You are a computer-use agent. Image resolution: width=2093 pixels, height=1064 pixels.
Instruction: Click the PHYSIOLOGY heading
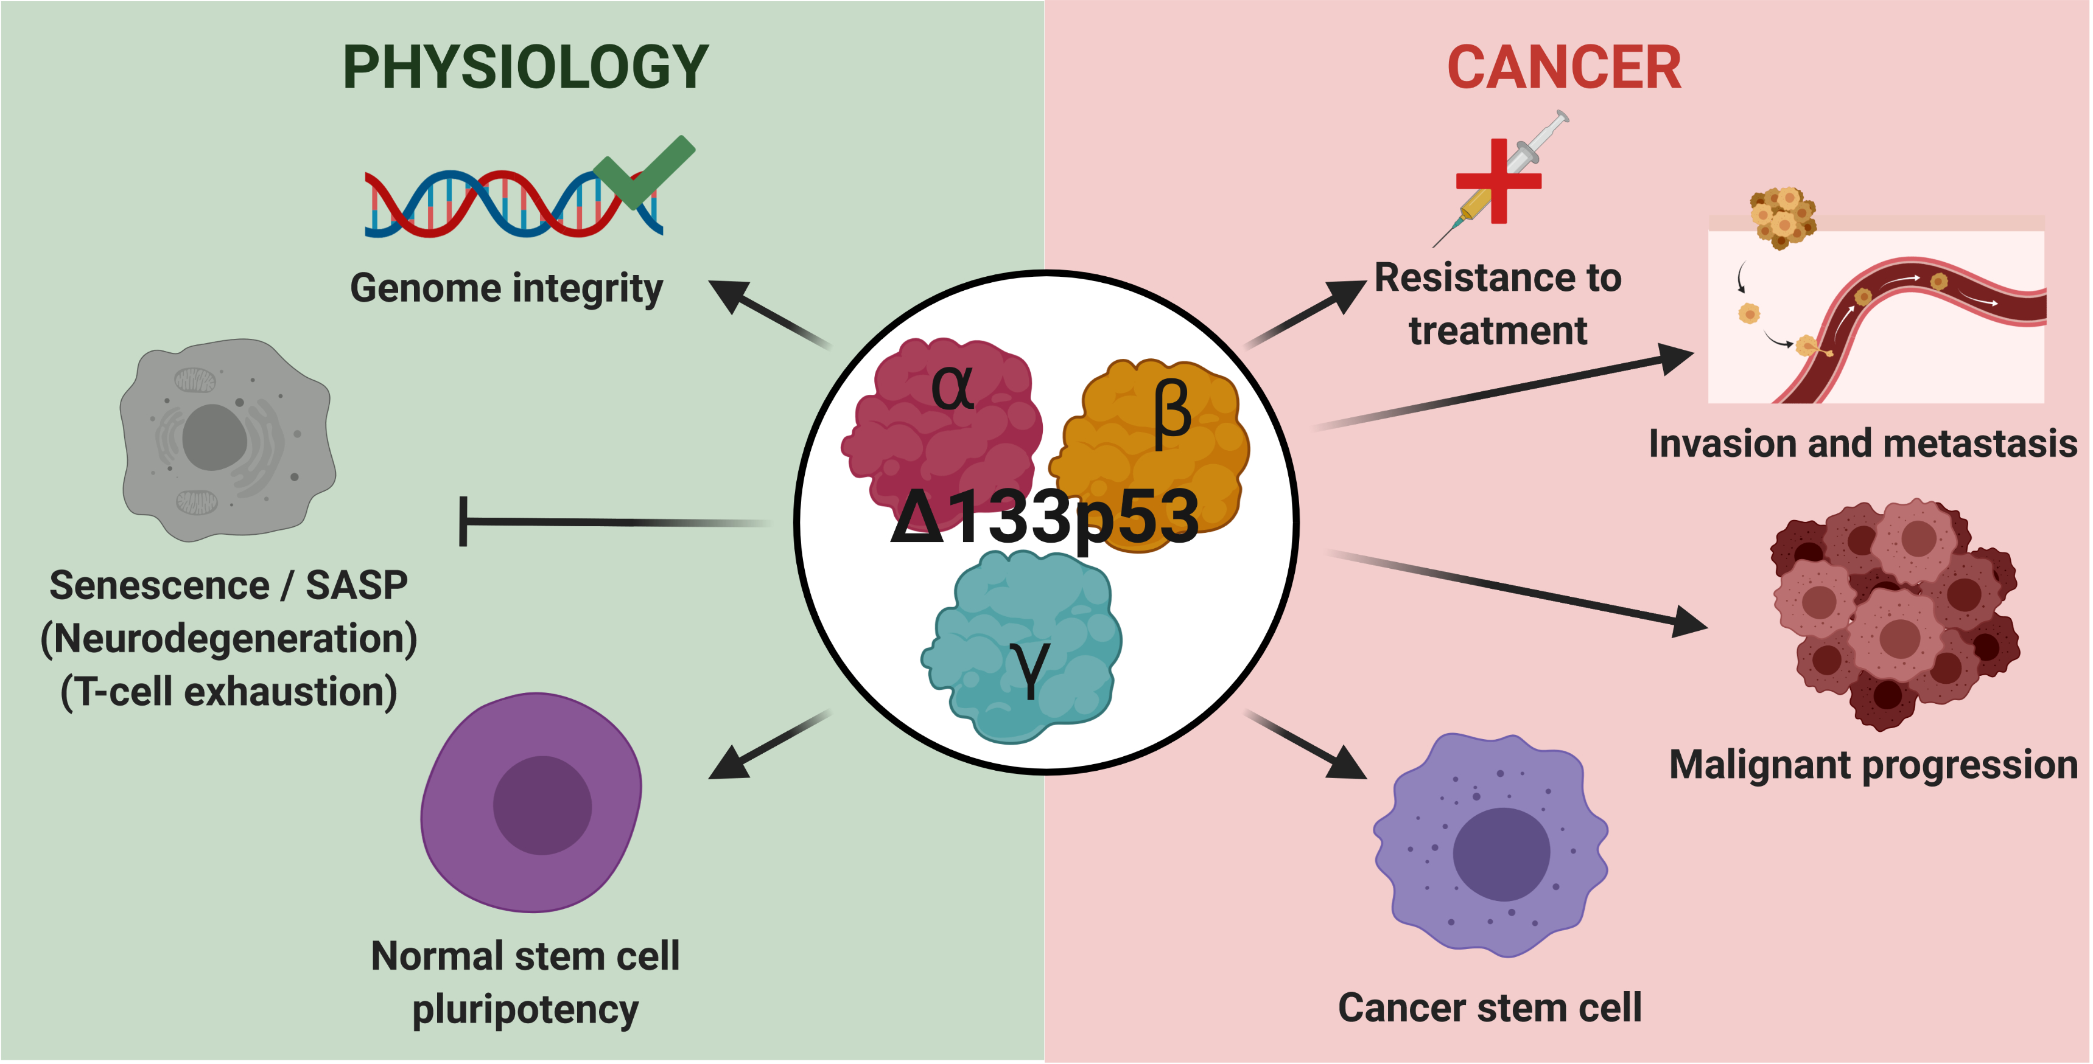point(526,68)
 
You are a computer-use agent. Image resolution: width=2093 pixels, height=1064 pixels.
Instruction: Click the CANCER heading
point(1563,68)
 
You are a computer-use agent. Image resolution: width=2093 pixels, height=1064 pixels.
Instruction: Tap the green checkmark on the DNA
point(644,172)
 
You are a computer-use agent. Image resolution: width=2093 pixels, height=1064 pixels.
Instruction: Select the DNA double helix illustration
point(503,204)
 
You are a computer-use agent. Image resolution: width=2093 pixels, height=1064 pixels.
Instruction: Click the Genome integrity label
point(506,288)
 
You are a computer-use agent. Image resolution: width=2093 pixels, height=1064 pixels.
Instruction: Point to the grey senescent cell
point(228,439)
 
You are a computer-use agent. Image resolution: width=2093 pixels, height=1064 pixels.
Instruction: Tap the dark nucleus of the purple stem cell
point(542,805)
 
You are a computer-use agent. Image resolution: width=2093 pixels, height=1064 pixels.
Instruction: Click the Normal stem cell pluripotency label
point(525,982)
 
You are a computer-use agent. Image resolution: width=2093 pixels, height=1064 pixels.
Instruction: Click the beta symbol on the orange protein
point(1172,414)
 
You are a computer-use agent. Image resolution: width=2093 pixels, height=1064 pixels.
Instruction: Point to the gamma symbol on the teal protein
point(1030,667)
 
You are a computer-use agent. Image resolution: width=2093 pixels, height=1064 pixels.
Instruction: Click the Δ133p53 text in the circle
point(1045,517)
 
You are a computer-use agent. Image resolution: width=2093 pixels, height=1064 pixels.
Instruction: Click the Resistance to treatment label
point(1498,304)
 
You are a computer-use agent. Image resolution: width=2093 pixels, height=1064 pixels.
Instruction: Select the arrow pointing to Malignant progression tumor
point(1520,591)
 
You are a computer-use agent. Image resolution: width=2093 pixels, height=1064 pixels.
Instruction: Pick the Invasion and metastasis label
point(1862,444)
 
